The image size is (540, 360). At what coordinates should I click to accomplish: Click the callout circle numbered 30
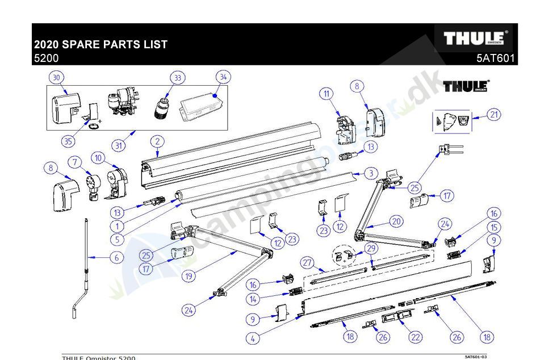coord(56,77)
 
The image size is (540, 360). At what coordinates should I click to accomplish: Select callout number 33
coord(178,77)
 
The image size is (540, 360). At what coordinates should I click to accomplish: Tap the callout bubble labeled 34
coord(223,77)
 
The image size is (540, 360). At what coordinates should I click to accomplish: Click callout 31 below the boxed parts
coord(118,145)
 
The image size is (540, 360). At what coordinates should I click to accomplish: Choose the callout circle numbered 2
coord(157,141)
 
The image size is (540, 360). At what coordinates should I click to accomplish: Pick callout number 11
coord(326,94)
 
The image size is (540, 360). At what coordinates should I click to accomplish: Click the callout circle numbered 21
coord(494,115)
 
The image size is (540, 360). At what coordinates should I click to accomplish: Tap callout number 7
coord(75,162)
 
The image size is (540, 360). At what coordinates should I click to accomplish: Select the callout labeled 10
coord(99,158)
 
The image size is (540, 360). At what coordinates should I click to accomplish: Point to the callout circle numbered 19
coord(189,277)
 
